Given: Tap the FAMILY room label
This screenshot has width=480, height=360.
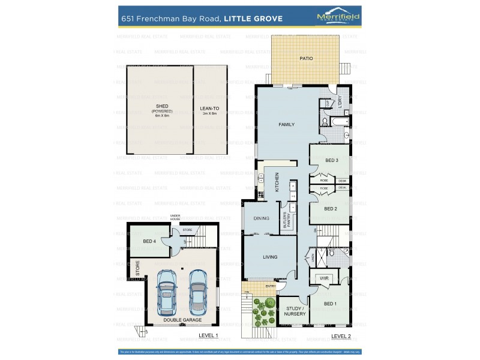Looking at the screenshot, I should click(286, 124).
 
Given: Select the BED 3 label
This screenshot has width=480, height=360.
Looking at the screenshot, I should click(332, 160).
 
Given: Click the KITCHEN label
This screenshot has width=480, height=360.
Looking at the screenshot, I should click(277, 182).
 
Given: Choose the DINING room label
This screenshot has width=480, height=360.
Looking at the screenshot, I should click(261, 218).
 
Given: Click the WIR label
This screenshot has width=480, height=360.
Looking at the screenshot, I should click(325, 278).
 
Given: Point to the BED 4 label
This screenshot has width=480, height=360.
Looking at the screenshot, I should click(149, 241).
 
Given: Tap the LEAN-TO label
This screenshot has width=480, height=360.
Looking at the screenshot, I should click(209, 109).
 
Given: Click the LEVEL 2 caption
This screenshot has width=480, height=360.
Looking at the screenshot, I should click(341, 335).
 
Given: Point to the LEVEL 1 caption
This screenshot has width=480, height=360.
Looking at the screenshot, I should click(208, 335).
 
